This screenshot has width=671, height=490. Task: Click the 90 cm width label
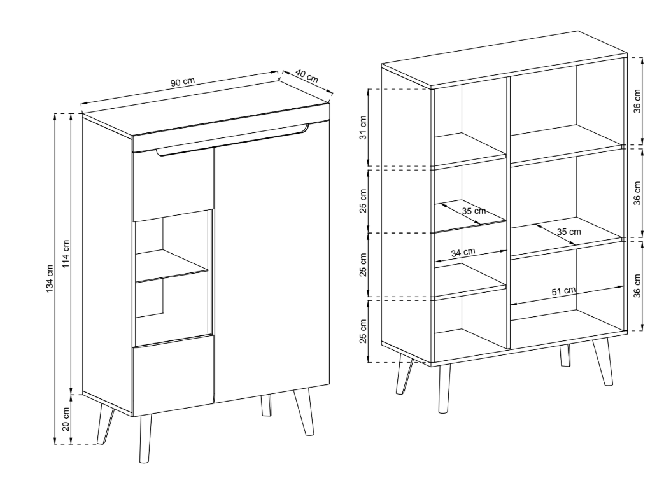183,81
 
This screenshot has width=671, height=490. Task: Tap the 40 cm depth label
307,76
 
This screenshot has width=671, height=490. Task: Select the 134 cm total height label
50,279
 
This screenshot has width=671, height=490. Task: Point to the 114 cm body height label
66,253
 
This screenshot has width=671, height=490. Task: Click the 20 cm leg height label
66,419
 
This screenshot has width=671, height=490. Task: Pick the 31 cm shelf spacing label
363,127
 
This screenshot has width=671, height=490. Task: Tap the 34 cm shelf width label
463,252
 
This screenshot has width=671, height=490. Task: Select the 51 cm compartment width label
563,291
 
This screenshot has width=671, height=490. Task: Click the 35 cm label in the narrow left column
474,211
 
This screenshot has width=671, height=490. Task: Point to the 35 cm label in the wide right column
569,232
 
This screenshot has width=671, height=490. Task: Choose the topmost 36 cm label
638,101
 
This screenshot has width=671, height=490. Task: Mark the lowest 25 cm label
363,331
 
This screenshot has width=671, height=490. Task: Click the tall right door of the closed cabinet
272,261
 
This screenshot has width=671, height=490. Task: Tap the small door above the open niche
173,185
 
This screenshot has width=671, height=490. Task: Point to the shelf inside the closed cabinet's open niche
171,267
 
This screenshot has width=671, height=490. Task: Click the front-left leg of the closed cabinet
146,438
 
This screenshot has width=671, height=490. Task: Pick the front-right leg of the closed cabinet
304,411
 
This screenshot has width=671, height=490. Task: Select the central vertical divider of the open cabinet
508,213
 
